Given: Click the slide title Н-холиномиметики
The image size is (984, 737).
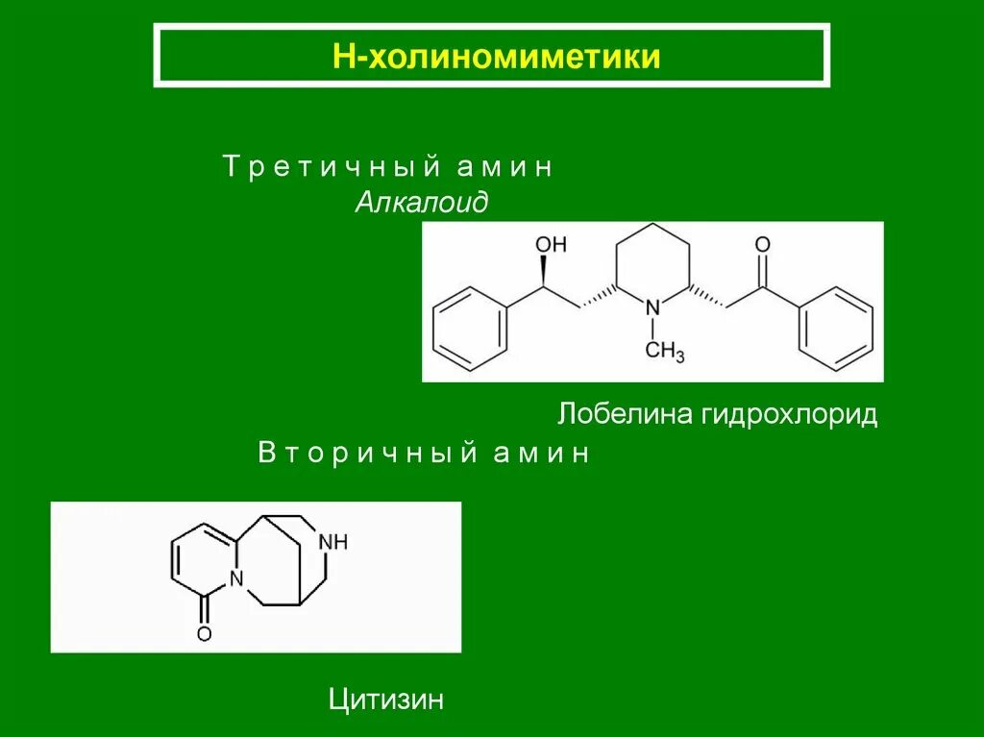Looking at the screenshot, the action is (x=491, y=57).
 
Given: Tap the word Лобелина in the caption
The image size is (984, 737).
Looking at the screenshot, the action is (x=627, y=415).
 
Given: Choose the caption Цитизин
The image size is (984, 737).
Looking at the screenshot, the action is (x=386, y=699).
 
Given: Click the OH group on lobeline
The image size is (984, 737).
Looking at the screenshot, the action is (x=552, y=245).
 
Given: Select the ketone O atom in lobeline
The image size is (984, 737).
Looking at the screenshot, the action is (x=763, y=245).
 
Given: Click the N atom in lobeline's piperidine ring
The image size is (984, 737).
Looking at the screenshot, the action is (x=652, y=307).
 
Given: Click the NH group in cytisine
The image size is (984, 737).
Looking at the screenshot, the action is (x=334, y=543).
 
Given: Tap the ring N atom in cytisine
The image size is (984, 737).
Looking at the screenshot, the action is (x=236, y=579).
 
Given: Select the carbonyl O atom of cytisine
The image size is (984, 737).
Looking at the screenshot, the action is (x=203, y=632).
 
